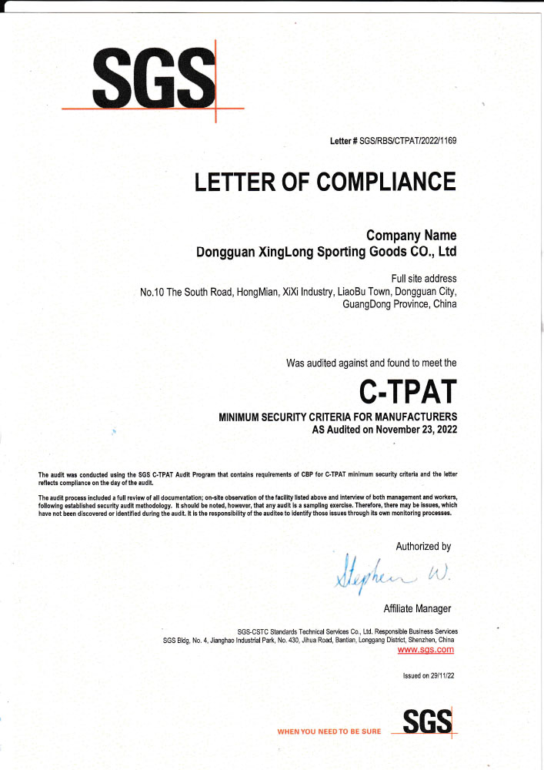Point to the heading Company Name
[411, 236]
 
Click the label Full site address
[424, 278]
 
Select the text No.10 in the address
[152, 292]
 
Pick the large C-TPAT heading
[408, 391]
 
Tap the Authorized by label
[423, 547]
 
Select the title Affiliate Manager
[417, 609]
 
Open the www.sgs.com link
[426, 650]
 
